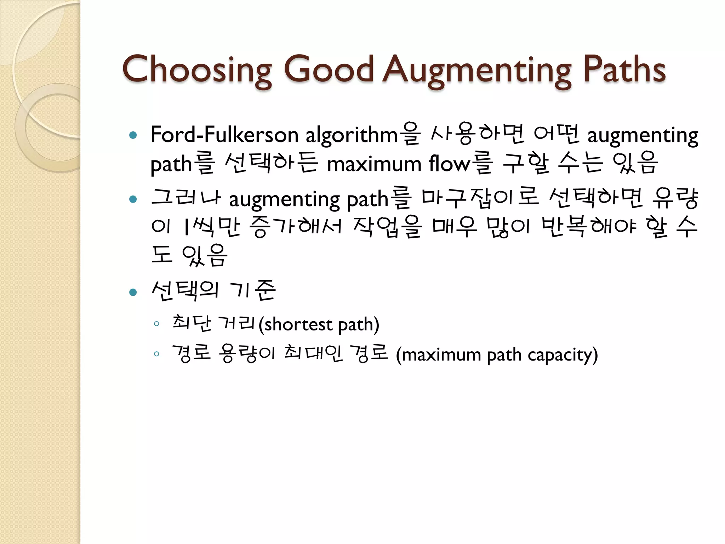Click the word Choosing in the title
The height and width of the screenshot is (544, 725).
197,70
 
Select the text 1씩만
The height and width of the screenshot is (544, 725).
212,227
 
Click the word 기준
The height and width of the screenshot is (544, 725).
252,290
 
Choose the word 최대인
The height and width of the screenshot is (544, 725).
314,354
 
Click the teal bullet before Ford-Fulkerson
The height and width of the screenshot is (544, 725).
133,135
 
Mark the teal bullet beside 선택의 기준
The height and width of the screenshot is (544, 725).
133,292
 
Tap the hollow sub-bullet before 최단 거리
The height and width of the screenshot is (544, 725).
156,323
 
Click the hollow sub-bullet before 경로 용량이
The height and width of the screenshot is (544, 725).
156,354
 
